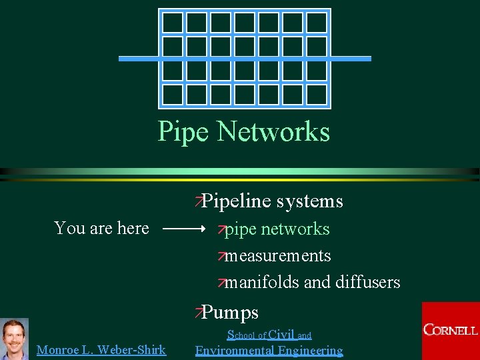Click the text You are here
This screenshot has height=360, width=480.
coord(101,229)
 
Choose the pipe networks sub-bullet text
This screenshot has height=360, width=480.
coord(277,229)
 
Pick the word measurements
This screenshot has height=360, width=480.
coord(277,256)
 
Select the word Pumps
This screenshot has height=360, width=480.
coord(230,312)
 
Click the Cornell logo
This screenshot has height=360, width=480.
coord(451,330)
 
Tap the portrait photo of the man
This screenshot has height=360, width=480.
coord(14,339)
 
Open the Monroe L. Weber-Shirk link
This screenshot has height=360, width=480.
coord(101,349)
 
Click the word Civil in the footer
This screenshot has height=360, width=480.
coord(281,335)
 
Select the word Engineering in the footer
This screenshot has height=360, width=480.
coord(311,350)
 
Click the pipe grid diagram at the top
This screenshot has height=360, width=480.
coord(244,59)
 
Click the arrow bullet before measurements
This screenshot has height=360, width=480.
coord(222,257)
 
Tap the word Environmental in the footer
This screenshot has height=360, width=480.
coord(236,350)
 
